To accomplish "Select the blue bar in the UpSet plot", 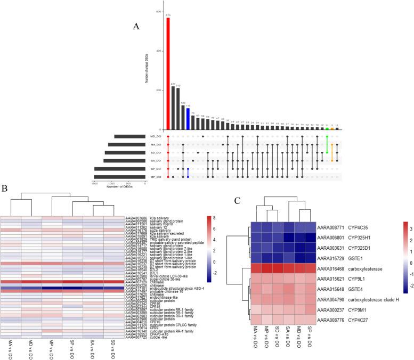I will (x=188, y=119).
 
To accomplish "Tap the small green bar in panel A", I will (x=326, y=128).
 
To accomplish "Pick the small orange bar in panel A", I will (x=332, y=128).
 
